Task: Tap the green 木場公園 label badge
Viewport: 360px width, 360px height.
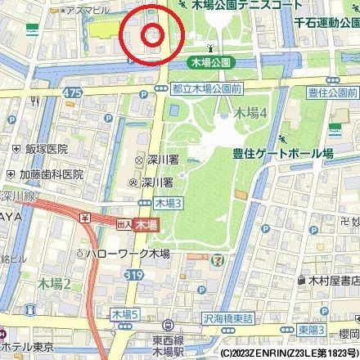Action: [x=211, y=61]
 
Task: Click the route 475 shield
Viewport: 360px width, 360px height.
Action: [x=73, y=92]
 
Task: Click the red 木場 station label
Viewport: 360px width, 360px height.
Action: [x=146, y=223]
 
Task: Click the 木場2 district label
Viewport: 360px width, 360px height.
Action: [x=56, y=283]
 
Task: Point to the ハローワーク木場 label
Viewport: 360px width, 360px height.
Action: [x=128, y=254]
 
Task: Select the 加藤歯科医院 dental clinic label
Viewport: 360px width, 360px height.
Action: [x=52, y=174]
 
